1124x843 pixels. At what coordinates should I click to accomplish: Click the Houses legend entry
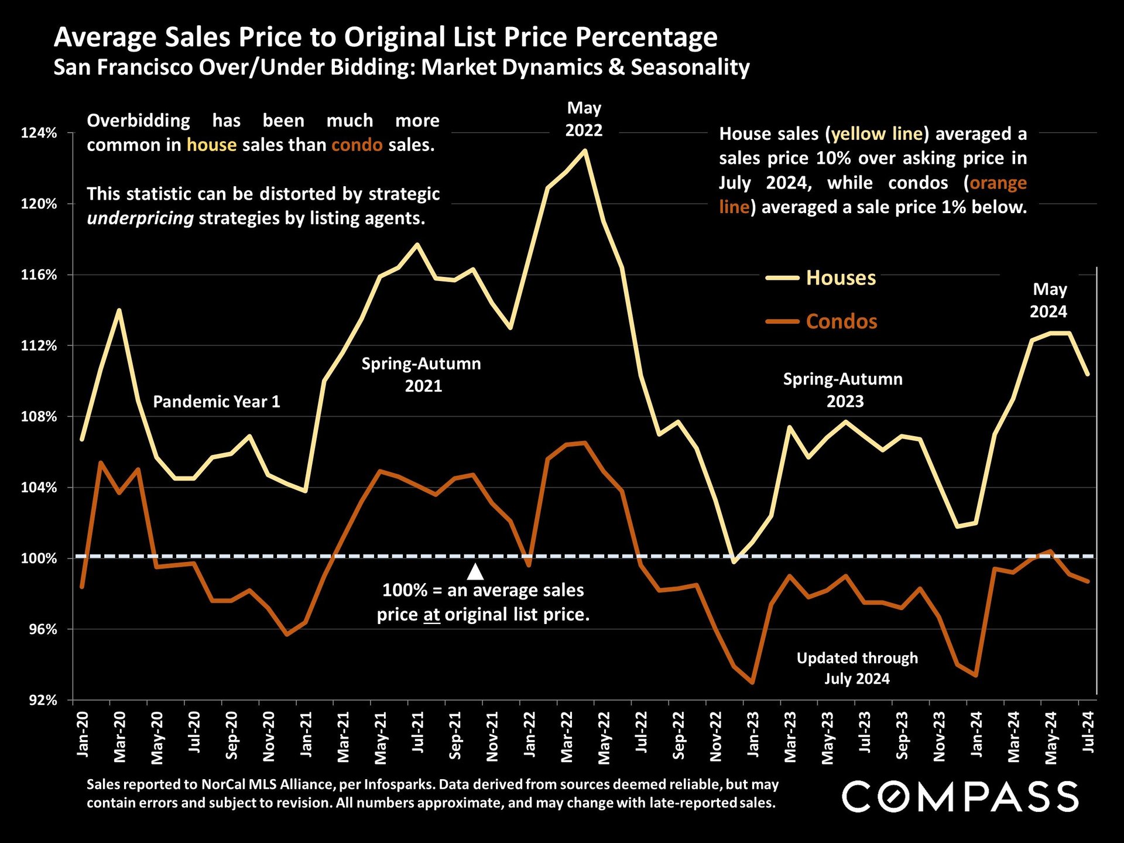coord(840,277)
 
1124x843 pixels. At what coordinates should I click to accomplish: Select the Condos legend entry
coord(841,321)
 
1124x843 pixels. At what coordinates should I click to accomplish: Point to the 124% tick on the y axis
coord(39,133)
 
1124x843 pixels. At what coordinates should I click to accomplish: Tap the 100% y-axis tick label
coord(39,558)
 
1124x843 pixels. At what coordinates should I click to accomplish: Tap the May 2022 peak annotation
coord(584,119)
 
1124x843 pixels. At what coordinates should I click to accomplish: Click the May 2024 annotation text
coord(1049,300)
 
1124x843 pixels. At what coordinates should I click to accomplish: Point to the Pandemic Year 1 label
coord(217,402)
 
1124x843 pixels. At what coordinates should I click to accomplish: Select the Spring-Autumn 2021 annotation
coord(421,375)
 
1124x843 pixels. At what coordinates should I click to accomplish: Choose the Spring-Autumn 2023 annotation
coord(843,390)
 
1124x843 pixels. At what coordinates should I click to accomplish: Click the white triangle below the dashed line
coord(475,572)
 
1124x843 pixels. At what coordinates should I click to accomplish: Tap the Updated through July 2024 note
coord(857,669)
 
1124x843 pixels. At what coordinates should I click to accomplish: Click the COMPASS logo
coord(960,797)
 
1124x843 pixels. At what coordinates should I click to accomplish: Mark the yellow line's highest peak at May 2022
coord(584,150)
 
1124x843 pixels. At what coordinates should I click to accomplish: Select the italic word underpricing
coord(140,218)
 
